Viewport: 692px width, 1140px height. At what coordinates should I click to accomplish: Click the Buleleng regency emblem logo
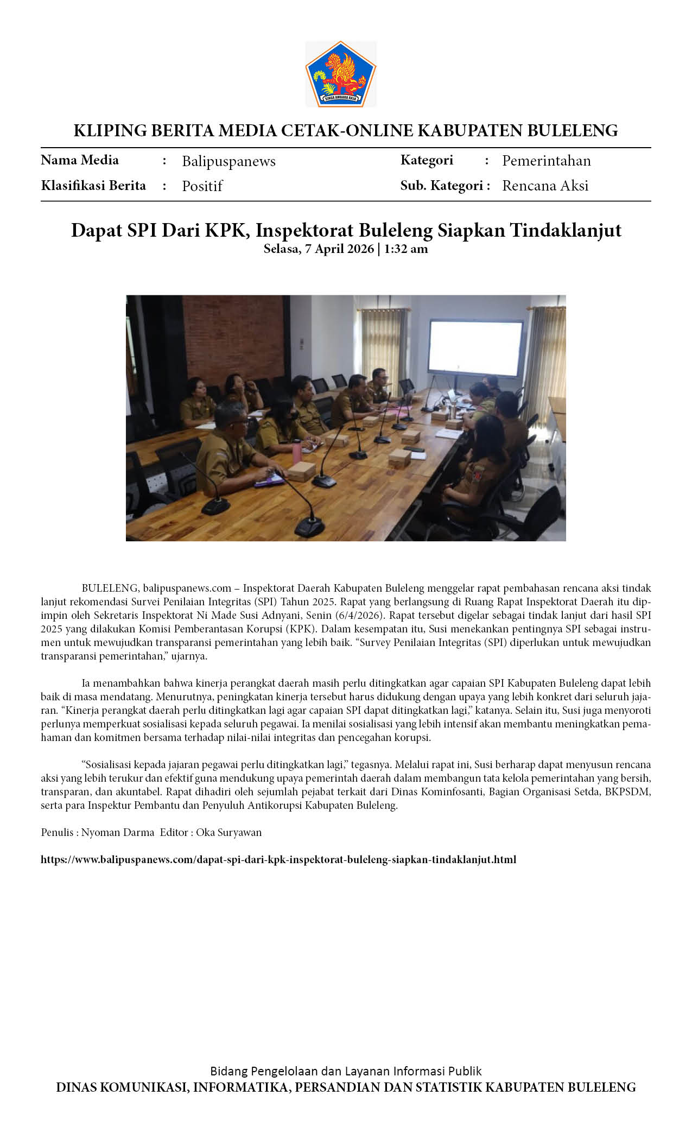click(340, 74)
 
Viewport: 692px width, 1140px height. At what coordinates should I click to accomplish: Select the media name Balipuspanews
click(228, 161)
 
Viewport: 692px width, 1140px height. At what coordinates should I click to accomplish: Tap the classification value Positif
click(202, 186)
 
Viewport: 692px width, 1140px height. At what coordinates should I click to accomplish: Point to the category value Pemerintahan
click(546, 161)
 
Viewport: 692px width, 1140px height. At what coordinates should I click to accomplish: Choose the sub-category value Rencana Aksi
click(545, 186)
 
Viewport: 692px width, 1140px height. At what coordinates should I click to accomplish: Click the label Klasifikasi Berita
click(93, 186)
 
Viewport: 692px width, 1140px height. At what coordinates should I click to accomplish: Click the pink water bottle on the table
click(296, 450)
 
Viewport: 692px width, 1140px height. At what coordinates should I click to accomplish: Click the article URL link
click(278, 859)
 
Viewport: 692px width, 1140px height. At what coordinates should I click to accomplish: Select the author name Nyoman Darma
click(118, 832)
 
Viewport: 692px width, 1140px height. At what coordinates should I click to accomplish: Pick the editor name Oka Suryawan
click(228, 832)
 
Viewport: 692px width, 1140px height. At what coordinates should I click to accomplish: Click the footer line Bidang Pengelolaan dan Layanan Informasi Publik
click(346, 1071)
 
